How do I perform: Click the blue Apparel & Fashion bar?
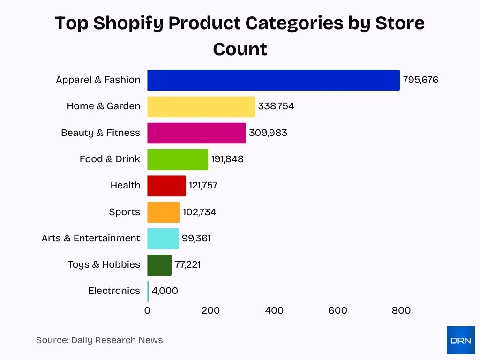coord(273,80)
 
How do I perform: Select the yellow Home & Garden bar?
coord(201,106)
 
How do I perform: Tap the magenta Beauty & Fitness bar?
coord(196,133)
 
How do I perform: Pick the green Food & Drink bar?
coord(177,159)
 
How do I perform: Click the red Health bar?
coord(166,186)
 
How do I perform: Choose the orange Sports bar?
coord(163,212)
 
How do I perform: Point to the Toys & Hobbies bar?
coord(159,265)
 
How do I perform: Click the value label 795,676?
coord(420,80)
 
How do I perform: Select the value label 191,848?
coord(227,159)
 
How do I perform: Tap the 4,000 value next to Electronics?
coord(165,291)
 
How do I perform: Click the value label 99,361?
coord(196,239)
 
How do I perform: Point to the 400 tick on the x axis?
coord(274,310)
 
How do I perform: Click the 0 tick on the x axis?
coord(147,310)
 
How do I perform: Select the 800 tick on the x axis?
coord(401,310)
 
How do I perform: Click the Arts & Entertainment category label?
coord(90,239)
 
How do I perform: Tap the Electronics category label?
coord(114,291)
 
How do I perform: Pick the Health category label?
coord(125,186)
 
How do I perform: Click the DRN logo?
coord(460,340)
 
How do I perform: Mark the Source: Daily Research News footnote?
coord(99,340)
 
